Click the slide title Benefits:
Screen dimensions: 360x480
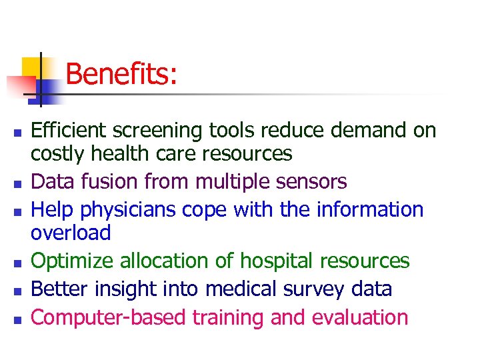[x=121, y=74]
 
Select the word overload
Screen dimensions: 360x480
[x=71, y=233]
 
